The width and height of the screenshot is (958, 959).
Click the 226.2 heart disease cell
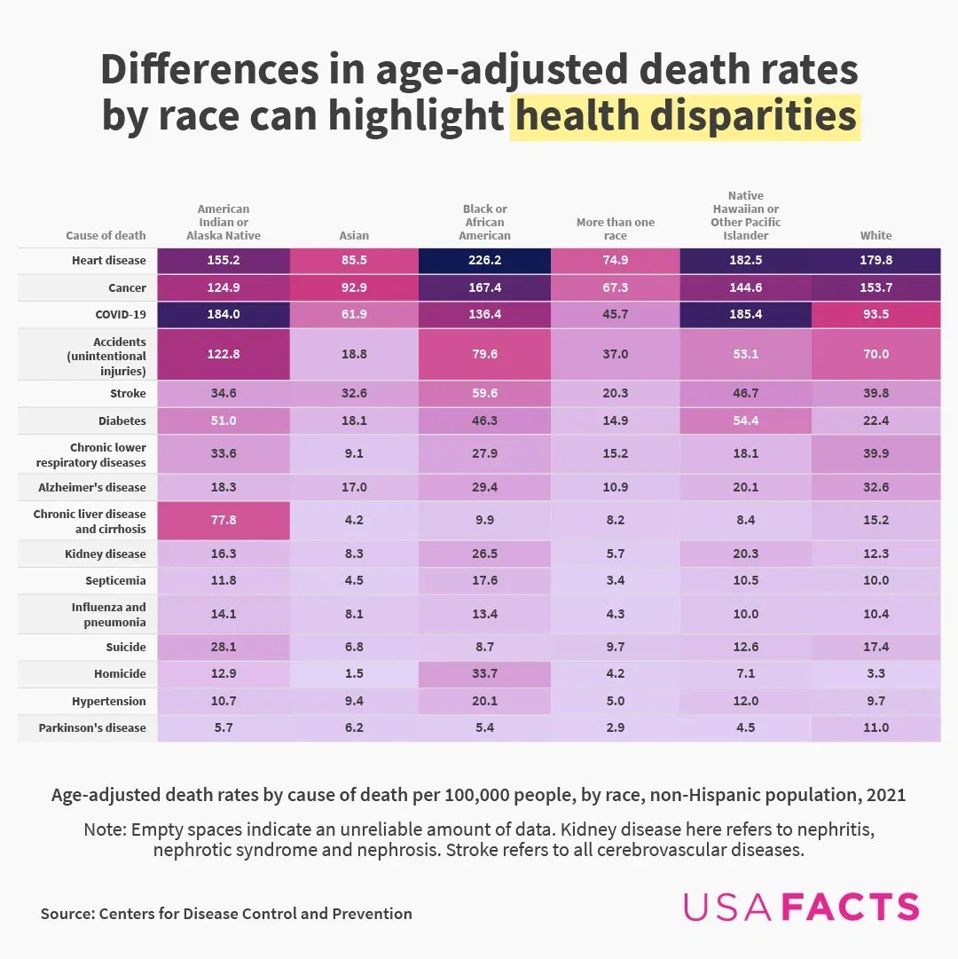(485, 261)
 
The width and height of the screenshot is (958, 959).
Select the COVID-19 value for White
(876, 315)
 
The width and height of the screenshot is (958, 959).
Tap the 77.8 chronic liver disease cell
(224, 521)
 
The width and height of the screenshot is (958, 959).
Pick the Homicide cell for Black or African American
(485, 673)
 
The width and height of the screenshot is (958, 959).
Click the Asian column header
(354, 236)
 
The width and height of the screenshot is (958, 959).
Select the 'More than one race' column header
(615, 229)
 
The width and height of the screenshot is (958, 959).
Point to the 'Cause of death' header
(106, 236)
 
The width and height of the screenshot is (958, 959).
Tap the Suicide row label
(127, 648)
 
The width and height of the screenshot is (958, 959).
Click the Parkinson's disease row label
(92, 728)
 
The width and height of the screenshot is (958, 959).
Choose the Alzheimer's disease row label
(92, 487)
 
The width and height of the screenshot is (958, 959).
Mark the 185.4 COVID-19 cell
(745, 315)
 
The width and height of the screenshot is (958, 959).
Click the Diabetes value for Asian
(354, 421)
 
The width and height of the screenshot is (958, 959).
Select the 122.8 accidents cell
(224, 354)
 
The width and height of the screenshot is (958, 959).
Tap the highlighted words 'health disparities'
(686, 117)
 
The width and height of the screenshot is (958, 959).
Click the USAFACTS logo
(801, 907)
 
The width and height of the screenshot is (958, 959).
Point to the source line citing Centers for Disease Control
(226, 914)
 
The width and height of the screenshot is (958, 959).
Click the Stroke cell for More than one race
(615, 394)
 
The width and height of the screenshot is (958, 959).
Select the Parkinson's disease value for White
(876, 728)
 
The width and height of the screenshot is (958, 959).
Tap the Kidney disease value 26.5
(485, 554)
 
